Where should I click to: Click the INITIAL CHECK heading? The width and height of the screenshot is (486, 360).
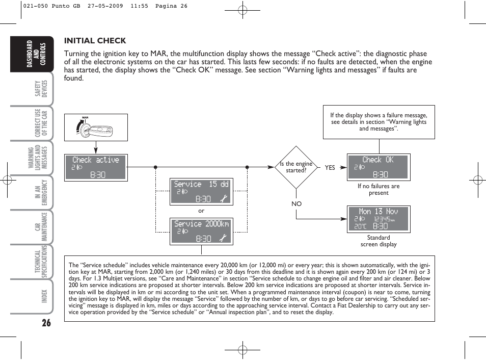point(95,41)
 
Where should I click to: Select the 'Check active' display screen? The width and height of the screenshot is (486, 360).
point(96,167)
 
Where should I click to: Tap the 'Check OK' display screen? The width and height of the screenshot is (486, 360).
point(378,167)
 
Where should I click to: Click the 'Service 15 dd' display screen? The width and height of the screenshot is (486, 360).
point(201,191)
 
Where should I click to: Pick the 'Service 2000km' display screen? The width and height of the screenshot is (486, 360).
point(201,231)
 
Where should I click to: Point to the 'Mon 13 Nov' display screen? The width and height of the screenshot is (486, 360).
point(378,219)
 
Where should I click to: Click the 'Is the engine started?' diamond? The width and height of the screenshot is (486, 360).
point(296,167)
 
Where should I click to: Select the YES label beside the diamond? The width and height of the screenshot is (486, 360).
point(330,167)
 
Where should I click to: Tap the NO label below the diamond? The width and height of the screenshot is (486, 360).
point(296,203)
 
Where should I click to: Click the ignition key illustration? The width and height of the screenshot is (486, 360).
point(96,127)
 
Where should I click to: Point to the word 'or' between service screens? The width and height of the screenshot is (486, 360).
point(201,211)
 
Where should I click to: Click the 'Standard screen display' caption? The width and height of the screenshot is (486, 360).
point(379,241)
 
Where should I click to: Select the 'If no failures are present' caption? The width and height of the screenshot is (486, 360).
point(379,190)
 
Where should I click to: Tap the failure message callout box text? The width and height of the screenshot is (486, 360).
point(379,122)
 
